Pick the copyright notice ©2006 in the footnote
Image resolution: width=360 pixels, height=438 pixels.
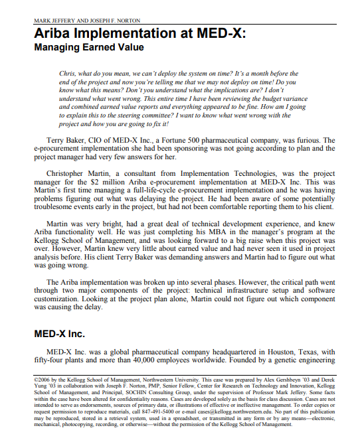44,379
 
